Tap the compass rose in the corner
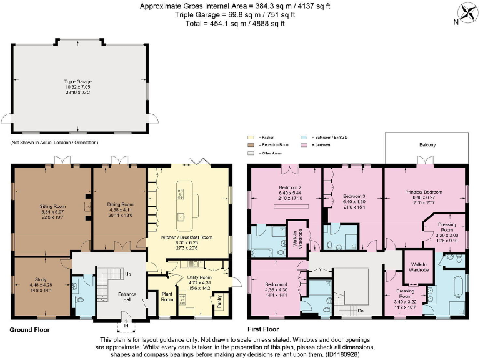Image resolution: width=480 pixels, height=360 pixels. [466, 13]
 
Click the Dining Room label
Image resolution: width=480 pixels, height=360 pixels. [120, 204]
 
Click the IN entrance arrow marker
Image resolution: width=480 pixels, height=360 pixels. [125, 326]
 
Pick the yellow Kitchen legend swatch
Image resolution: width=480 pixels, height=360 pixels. [251, 136]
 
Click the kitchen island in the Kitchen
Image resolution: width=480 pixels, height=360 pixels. [182, 199]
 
